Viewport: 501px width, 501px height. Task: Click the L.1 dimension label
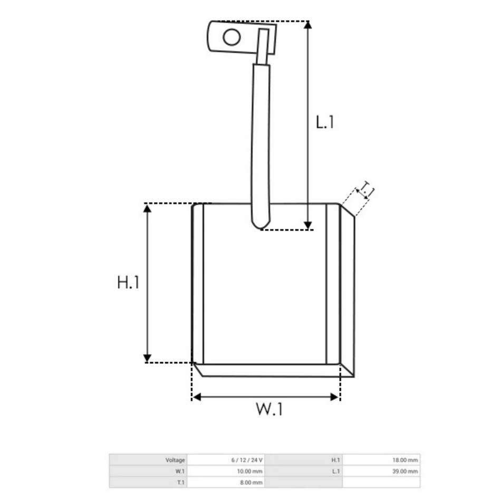tap(325, 122)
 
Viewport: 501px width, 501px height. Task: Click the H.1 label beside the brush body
tap(128, 283)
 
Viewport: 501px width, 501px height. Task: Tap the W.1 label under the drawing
tap(269, 409)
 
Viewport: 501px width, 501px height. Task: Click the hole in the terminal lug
tap(232, 37)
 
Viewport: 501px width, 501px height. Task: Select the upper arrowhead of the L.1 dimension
tap(307, 25)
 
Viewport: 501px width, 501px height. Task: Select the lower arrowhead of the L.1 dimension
tap(307, 226)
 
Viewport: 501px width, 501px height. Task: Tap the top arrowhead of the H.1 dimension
tap(147, 209)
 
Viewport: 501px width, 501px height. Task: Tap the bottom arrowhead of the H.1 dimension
tap(147, 358)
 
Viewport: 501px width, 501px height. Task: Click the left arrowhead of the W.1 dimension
tap(197, 397)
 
